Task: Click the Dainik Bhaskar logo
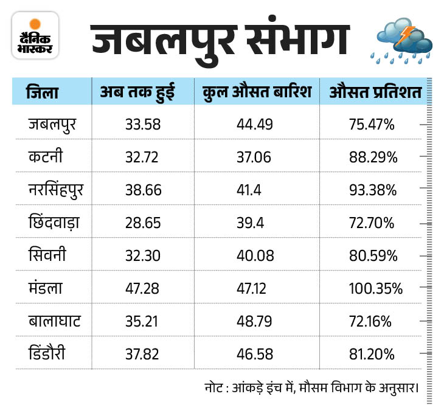coord(35,36)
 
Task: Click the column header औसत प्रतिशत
coord(375,93)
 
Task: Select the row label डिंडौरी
coord(49,353)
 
